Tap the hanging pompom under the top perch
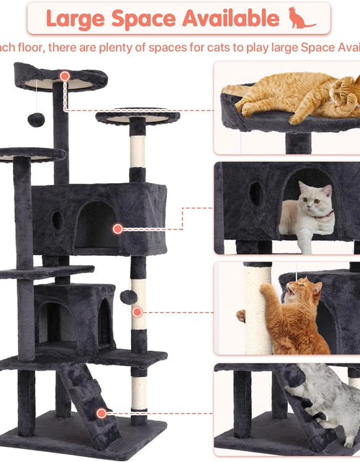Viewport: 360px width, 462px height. click(x=35, y=120)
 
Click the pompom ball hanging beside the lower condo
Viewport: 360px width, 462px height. click(x=127, y=296)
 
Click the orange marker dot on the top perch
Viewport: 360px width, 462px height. click(x=65, y=76)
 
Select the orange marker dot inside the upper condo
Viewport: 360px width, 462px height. click(x=117, y=228)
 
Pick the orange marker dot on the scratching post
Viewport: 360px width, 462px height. click(x=137, y=311)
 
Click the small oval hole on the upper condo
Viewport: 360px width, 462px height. click(x=56, y=221)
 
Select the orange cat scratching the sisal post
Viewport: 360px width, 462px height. click(x=294, y=317)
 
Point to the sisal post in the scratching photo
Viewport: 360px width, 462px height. click(x=257, y=310)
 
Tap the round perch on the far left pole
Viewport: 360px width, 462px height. click(x=30, y=154)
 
